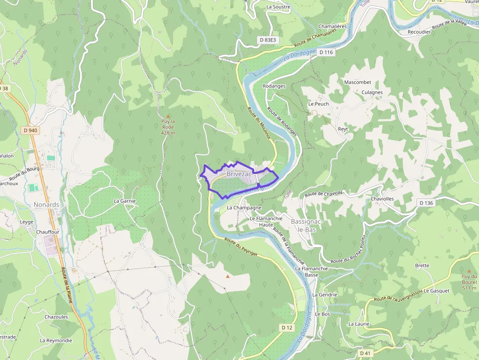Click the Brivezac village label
click(x=239, y=174)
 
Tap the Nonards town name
click(x=46, y=205)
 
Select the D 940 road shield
click(x=30, y=130)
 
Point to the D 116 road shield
click(x=326, y=52)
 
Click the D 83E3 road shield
click(x=267, y=40)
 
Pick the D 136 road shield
click(x=426, y=203)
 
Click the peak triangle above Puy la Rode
click(x=168, y=116)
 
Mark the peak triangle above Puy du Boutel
click(x=469, y=271)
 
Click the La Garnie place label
click(x=125, y=201)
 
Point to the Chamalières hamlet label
click(x=332, y=26)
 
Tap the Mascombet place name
click(x=358, y=82)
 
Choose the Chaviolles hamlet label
click(x=382, y=199)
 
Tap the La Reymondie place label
click(x=56, y=340)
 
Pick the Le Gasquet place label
click(x=436, y=291)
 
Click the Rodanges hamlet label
click(x=274, y=86)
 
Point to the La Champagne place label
click(x=244, y=208)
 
